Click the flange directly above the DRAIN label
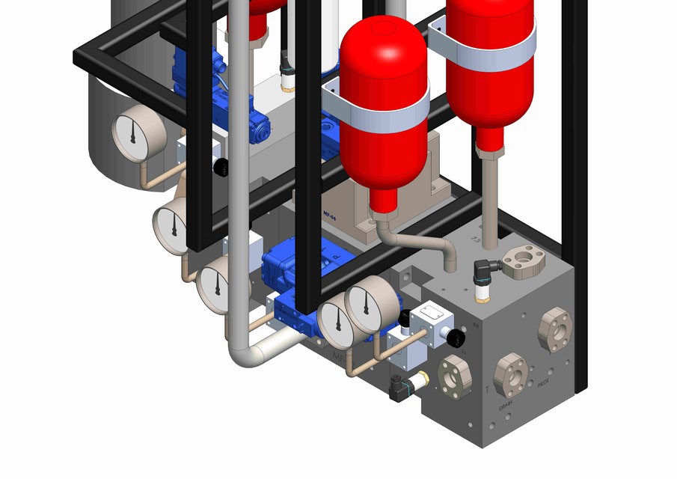tap(514, 372)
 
